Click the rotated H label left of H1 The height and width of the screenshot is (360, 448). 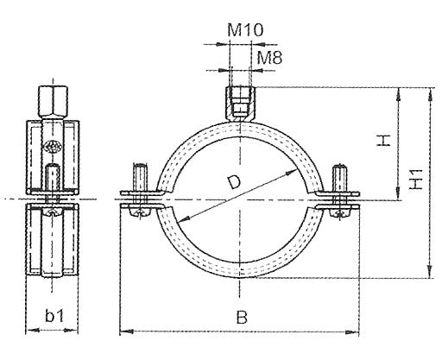[x=386, y=140]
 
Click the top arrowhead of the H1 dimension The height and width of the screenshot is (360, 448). [x=428, y=89]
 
